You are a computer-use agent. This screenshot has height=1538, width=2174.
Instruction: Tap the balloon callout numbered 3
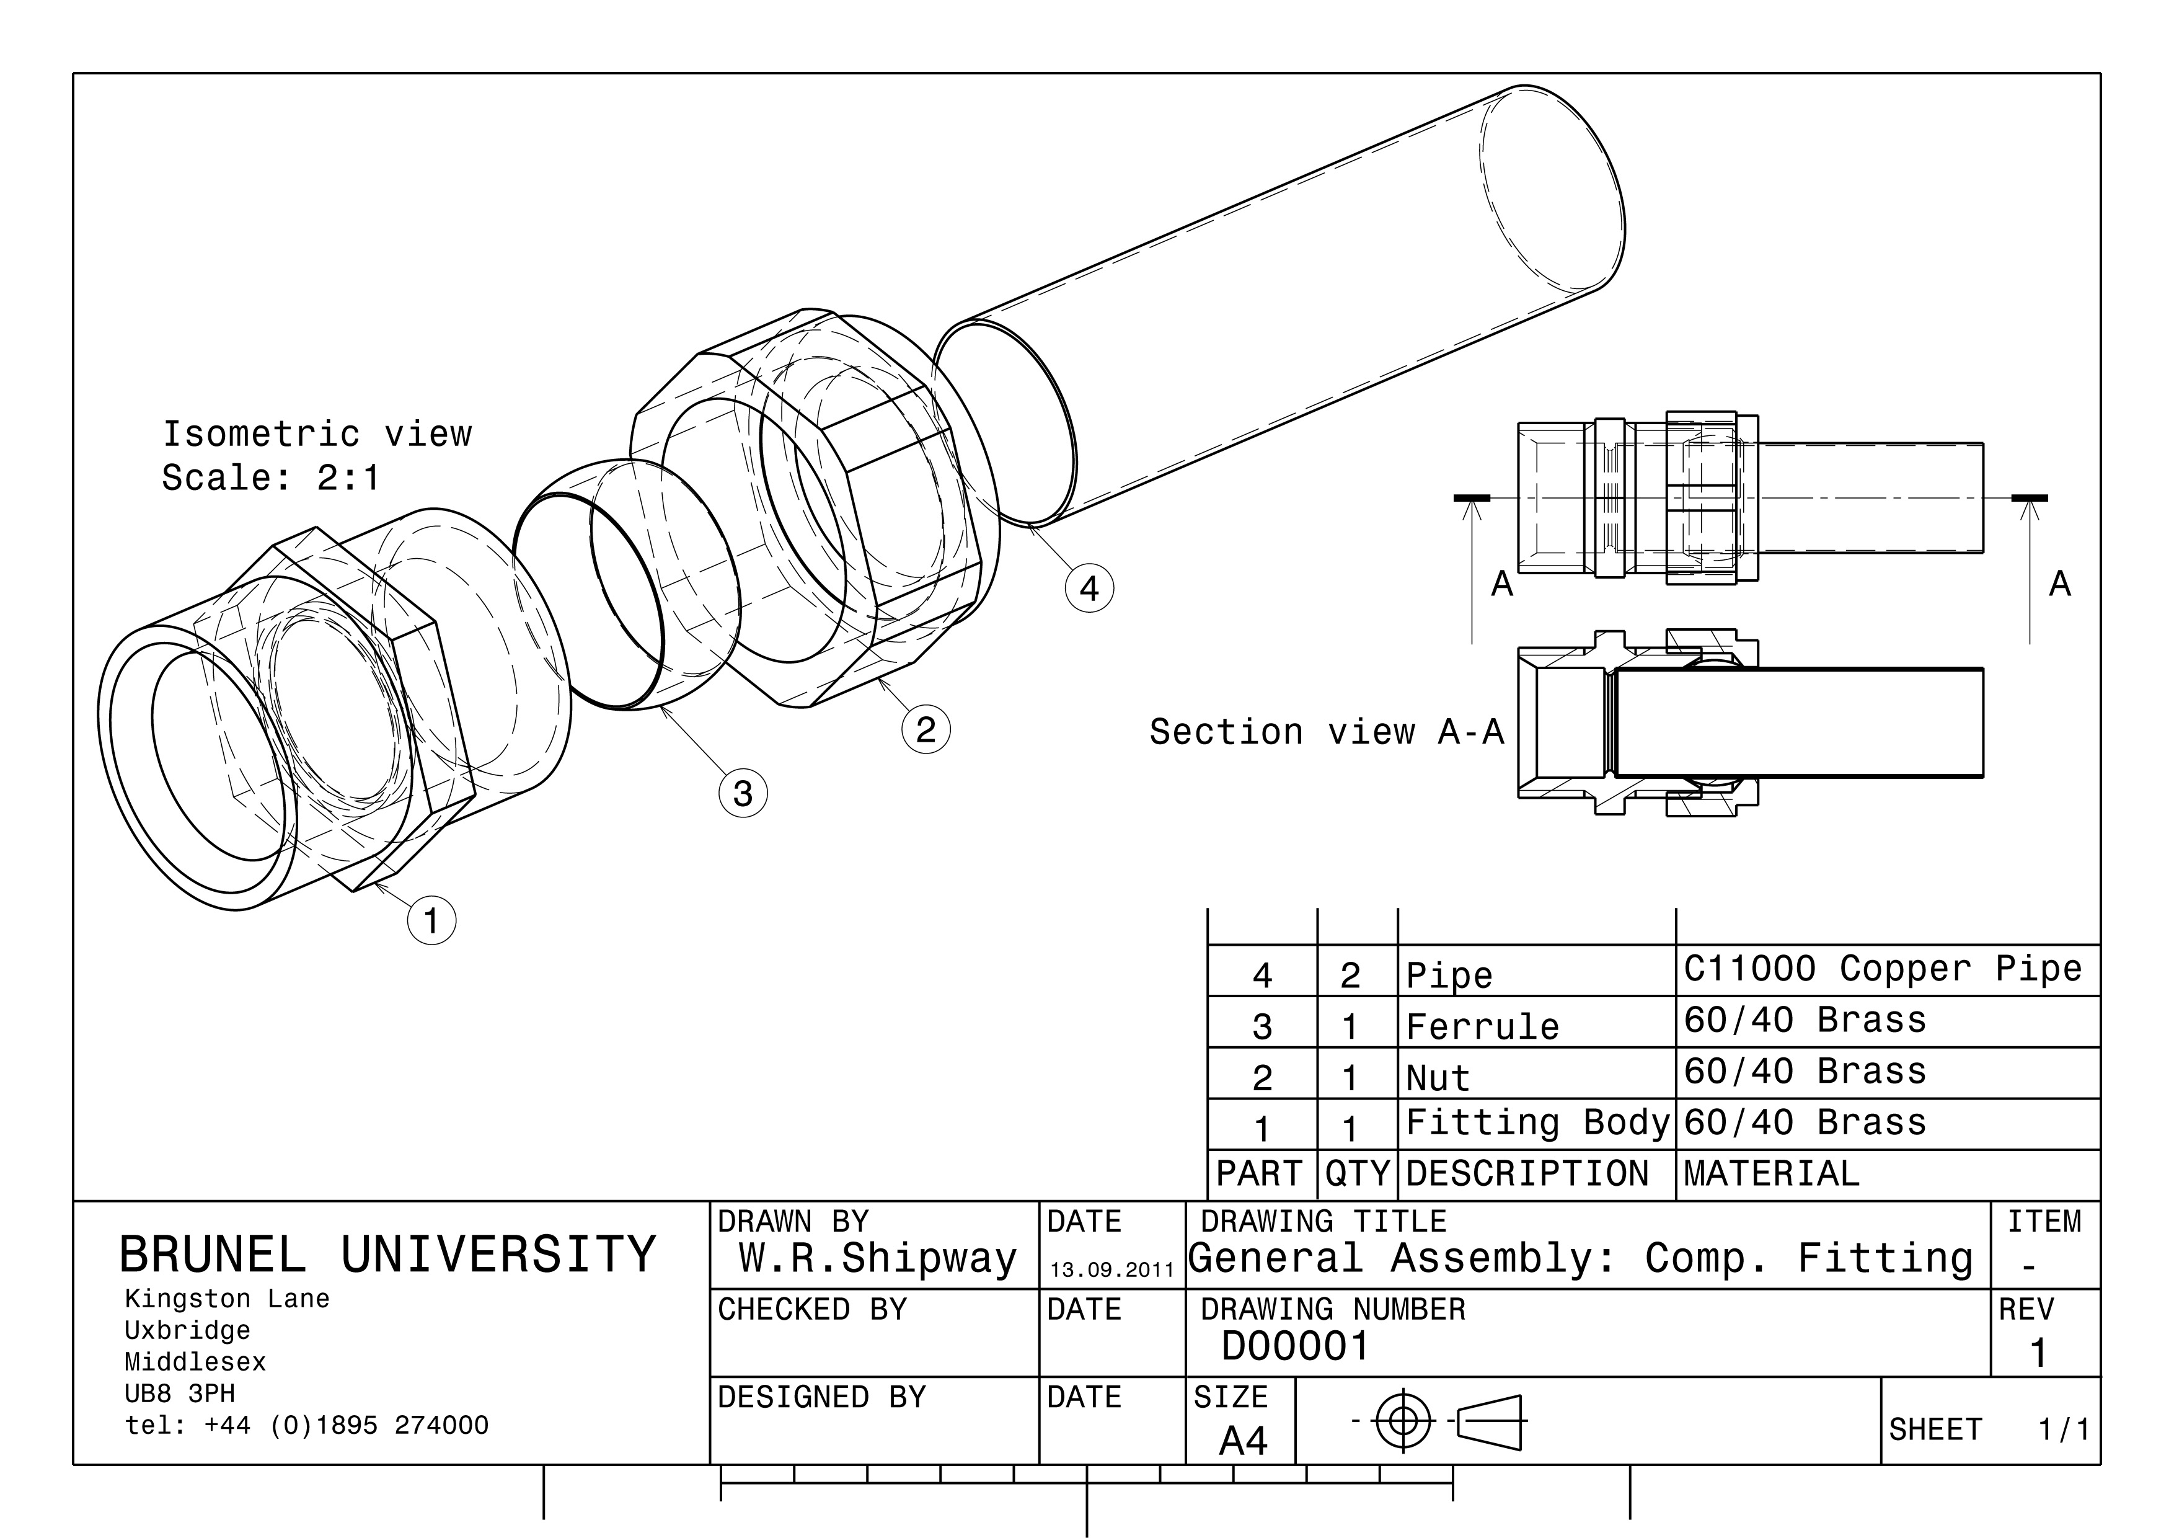[743, 793]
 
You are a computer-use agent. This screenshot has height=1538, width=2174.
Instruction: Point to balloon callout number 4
[1089, 588]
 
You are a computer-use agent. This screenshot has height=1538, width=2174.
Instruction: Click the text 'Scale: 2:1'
[271, 478]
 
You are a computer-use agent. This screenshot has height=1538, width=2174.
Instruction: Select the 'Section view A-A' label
[1327, 732]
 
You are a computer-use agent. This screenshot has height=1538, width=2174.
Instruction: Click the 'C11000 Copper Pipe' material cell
[1883, 969]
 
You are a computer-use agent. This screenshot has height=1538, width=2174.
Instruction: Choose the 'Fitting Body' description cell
[1537, 1122]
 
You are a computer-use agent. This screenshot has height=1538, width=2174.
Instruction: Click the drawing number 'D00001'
[1296, 1346]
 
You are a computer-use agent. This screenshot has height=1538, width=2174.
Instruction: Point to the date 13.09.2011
[1111, 1270]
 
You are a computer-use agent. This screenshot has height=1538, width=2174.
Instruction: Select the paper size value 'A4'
[1242, 1441]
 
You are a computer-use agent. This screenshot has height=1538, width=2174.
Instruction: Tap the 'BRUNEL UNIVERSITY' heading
[387, 1255]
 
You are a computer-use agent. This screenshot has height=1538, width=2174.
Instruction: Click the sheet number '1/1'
[2063, 1429]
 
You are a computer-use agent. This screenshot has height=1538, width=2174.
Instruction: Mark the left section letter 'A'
[1502, 584]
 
